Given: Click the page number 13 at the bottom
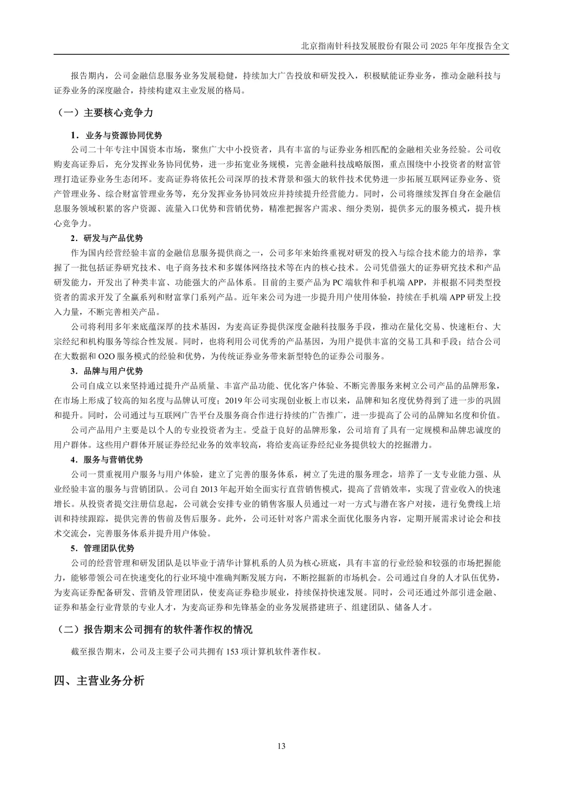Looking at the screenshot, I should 281,746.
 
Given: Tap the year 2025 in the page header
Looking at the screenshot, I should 439,45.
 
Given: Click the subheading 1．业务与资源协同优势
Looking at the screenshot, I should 116,136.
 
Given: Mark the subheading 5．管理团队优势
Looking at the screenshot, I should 103,548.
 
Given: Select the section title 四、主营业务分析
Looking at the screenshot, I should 99,681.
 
